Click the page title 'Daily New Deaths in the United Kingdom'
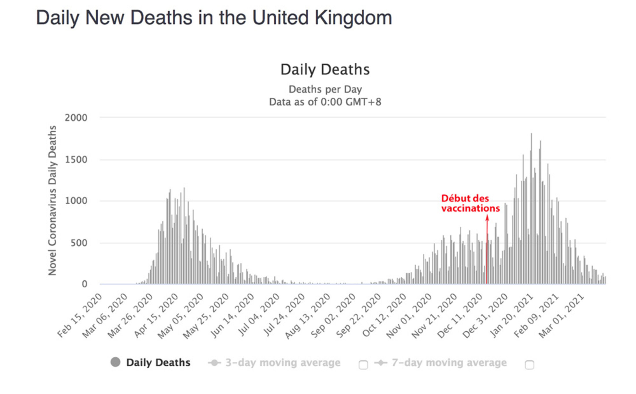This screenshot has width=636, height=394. pyautogui.click(x=214, y=18)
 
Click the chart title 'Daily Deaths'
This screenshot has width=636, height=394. pyautogui.click(x=325, y=70)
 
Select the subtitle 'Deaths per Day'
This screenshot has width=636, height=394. pyautogui.click(x=325, y=90)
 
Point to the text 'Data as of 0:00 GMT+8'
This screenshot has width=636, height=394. pyautogui.click(x=325, y=102)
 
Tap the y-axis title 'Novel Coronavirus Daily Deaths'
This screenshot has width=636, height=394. pyautogui.click(x=52, y=200)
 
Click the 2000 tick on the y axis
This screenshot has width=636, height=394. pyautogui.click(x=76, y=118)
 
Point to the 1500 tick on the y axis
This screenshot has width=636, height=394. pyautogui.click(x=76, y=160)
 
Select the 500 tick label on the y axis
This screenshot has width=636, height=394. pyautogui.click(x=79, y=243)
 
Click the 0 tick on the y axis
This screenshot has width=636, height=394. pyautogui.click(x=84, y=284)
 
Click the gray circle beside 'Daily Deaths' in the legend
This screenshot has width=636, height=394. pyautogui.click(x=115, y=362)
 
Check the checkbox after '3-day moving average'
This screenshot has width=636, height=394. pyautogui.click(x=363, y=365)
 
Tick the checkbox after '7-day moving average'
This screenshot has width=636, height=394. pyautogui.click(x=529, y=365)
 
